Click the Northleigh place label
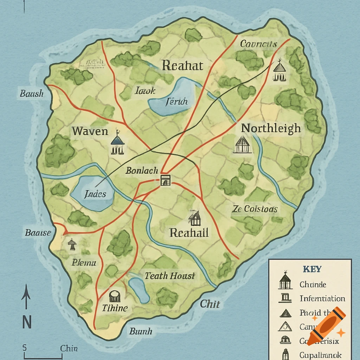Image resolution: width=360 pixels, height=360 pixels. pos(271,128)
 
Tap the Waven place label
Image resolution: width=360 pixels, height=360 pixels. pos(90,131)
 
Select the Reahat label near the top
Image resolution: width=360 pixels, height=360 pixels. pos(182,66)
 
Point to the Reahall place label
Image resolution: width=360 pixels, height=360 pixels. pos(189,232)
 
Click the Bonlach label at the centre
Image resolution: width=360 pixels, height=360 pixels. pos(142,171)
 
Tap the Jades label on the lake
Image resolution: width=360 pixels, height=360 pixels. pos(95,194)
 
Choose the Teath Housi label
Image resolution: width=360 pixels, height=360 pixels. pos(170,276)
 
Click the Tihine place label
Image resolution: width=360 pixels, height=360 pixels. pos(115,308)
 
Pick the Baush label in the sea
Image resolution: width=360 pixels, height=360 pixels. pos(32,94)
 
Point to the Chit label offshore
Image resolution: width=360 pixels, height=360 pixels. pos(210,304)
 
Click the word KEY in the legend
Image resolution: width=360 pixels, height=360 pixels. pos(312,269)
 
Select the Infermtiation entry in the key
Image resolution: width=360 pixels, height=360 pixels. pos(322,298)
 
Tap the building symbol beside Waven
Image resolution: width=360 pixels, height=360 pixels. pos(117,144)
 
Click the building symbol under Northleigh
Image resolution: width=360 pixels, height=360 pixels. pos(243,144)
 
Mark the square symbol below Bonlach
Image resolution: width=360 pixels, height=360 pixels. pos(165,180)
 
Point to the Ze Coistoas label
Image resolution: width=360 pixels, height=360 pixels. pos(255,209)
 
